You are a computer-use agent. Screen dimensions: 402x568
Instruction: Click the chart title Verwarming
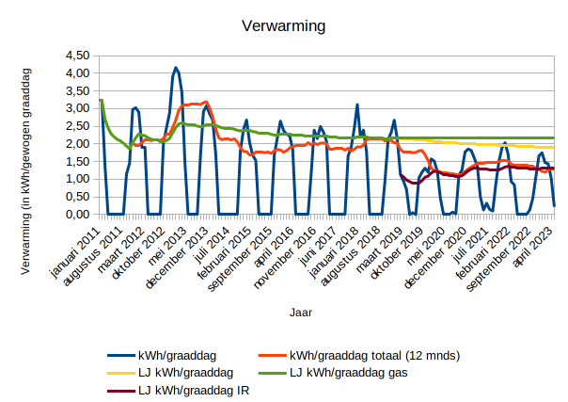pyautogui.click(x=283, y=26)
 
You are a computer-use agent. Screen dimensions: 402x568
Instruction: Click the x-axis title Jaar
pyautogui.click(x=301, y=309)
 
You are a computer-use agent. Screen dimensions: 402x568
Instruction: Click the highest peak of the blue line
pyautogui.click(x=176, y=68)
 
